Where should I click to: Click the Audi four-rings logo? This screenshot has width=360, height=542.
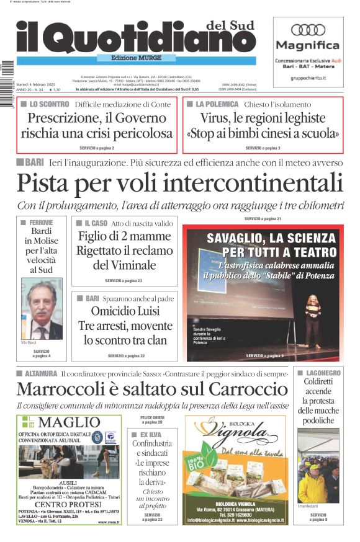point(308,30)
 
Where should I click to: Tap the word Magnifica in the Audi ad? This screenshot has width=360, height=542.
point(308,45)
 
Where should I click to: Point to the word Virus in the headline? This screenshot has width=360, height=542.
point(215,118)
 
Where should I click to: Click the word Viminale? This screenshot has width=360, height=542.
point(124,265)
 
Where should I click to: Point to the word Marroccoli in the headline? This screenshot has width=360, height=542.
point(60,389)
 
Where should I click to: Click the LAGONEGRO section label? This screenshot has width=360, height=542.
point(322,373)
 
